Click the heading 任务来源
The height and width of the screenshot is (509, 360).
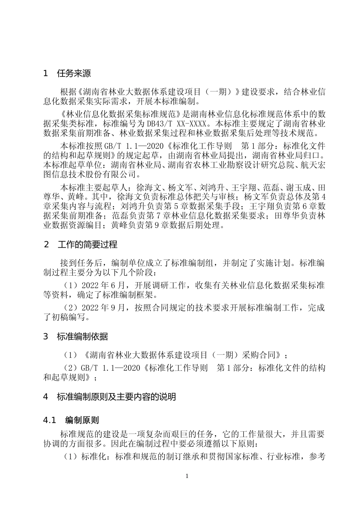pos(74,73)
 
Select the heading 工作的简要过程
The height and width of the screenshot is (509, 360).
pos(87,245)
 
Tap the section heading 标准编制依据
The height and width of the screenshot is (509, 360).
pos(82,336)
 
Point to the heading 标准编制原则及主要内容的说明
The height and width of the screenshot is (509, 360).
pos(116,397)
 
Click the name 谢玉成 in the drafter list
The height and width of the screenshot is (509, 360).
pos(299,188)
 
